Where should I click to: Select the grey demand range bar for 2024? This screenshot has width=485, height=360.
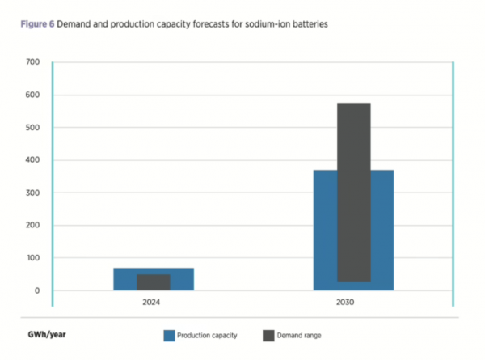(x=153, y=282)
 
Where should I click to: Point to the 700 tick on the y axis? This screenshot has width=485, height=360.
(x=32, y=62)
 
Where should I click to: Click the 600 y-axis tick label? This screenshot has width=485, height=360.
(x=32, y=95)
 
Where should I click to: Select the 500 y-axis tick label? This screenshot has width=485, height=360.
(x=32, y=128)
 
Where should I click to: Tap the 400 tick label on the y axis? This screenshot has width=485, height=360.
(x=32, y=160)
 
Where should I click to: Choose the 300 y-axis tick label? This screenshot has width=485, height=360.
(x=32, y=193)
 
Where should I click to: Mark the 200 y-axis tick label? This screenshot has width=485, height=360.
(x=32, y=226)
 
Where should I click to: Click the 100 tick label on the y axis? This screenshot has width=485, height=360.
(x=32, y=258)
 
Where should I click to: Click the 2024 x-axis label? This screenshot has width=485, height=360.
(x=153, y=303)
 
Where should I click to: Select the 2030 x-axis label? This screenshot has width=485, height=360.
(x=353, y=303)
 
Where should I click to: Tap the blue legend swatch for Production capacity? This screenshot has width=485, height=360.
(x=170, y=334)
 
